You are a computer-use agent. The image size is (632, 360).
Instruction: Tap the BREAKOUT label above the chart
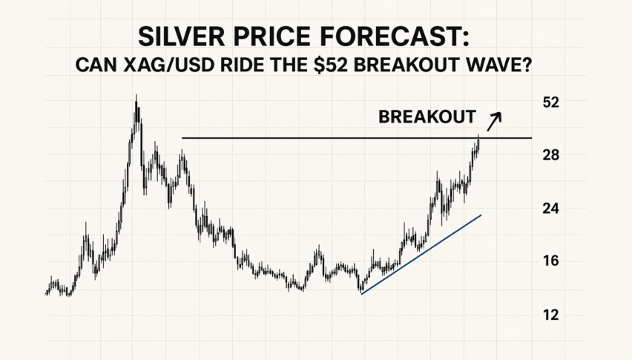[x=427, y=117]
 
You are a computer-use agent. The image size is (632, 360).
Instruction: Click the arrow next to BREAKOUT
[x=495, y=117]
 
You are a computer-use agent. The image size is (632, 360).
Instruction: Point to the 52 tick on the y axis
[x=550, y=102]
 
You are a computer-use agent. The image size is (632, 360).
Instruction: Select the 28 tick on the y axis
[x=550, y=155]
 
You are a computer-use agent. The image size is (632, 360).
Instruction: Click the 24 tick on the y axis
[x=550, y=209]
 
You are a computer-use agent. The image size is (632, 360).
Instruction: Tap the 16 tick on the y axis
[x=550, y=261]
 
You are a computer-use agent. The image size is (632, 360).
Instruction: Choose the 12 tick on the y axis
[x=550, y=315]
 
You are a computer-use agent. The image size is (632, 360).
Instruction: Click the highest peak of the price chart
[x=136, y=97]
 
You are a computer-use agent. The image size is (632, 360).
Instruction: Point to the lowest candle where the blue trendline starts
[x=361, y=289]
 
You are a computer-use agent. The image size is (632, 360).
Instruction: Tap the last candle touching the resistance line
[x=478, y=140]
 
